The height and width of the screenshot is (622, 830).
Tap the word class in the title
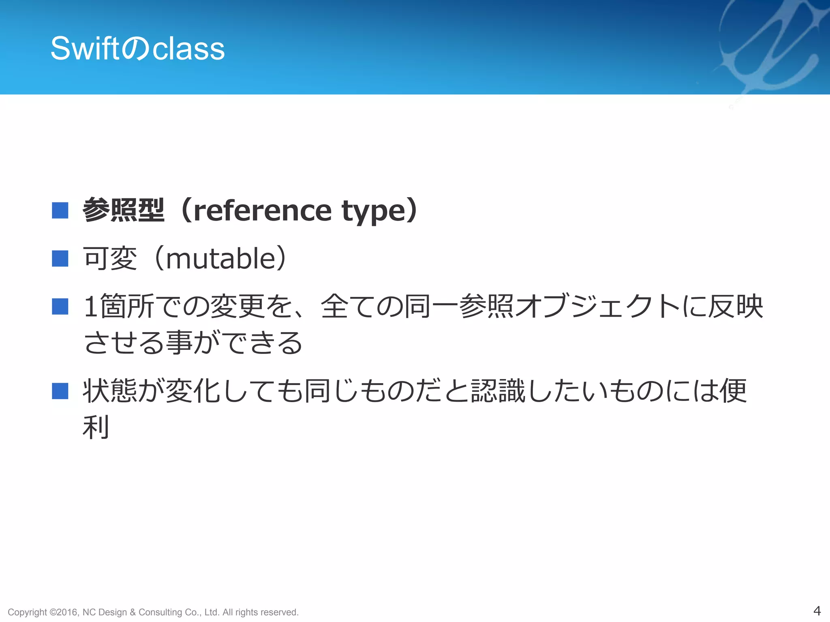click(188, 49)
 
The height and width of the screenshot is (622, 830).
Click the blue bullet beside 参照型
click(60, 210)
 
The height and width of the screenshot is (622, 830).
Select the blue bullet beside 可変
click(60, 258)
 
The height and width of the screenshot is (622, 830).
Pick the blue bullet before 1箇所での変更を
click(60, 306)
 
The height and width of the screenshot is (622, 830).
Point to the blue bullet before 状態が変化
click(60, 391)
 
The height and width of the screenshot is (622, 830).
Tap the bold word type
click(373, 212)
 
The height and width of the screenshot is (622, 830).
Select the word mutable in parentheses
click(221, 259)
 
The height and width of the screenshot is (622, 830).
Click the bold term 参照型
click(124, 210)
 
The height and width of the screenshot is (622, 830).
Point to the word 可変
click(110, 258)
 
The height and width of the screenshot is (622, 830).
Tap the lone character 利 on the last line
click(96, 427)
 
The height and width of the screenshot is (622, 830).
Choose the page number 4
click(817, 610)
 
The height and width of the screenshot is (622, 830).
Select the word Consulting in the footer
click(160, 612)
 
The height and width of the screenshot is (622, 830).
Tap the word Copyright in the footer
click(27, 612)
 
